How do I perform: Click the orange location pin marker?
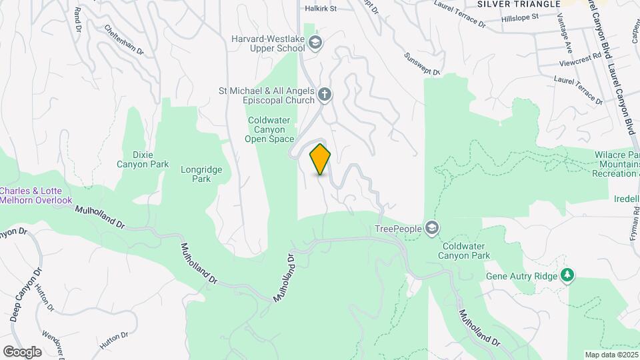(321, 159)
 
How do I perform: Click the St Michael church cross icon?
(325, 94)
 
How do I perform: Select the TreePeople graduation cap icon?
(433, 229)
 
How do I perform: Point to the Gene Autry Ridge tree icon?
(567, 275)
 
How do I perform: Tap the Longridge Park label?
(196, 174)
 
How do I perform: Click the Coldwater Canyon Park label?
(465, 250)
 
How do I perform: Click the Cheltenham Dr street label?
(124, 40)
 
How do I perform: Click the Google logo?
(21, 351)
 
